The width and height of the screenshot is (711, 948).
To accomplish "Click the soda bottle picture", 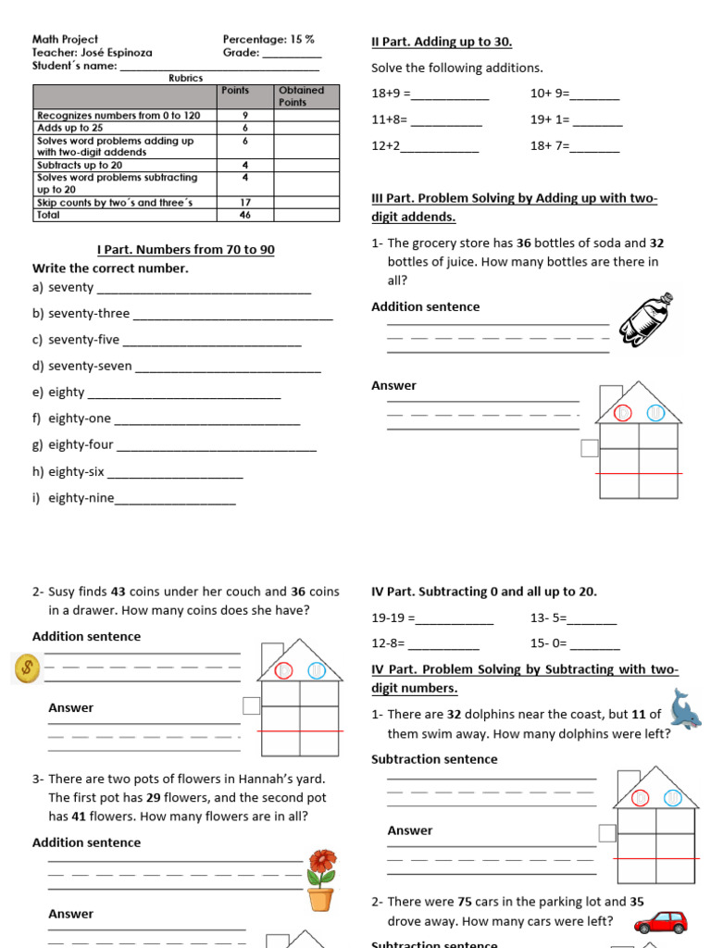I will tap(652, 326).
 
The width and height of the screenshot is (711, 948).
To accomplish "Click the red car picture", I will tap(661, 922).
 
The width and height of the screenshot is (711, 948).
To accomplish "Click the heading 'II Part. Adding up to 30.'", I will tap(442, 43).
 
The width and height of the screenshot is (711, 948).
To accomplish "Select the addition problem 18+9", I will tap(389, 94).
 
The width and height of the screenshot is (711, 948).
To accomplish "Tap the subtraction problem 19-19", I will tap(393, 617).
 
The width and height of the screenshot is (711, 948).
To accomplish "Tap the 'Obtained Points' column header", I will tap(301, 95).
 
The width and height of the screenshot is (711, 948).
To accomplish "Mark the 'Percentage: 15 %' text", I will tap(268, 40).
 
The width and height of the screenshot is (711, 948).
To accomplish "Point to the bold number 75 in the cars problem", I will tap(466, 901).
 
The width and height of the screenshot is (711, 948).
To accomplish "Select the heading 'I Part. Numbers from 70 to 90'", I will tap(185, 250).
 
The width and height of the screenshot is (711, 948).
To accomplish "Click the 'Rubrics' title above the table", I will tap(185, 78).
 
